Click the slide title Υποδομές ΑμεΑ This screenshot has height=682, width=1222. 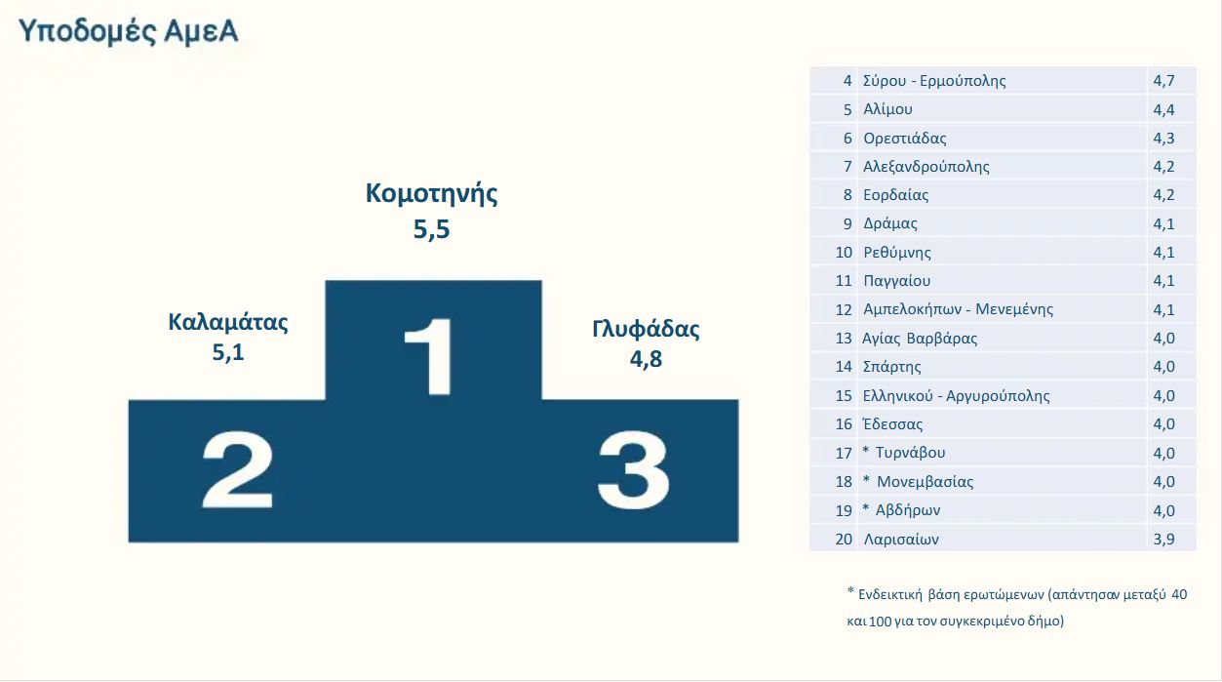(128, 31)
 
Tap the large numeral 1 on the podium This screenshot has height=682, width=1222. (430, 356)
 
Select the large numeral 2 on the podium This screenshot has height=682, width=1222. (237, 469)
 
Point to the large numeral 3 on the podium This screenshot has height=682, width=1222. (633, 469)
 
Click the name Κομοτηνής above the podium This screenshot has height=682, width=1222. (431, 194)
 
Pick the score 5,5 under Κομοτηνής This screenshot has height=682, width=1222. (431, 229)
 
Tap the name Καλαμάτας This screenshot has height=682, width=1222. (228, 322)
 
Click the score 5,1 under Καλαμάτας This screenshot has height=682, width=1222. (228, 352)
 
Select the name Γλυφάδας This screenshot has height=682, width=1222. (646, 329)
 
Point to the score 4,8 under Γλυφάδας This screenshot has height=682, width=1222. (646, 359)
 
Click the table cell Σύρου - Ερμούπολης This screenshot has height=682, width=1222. (934, 81)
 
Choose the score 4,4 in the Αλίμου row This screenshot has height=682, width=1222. (1163, 109)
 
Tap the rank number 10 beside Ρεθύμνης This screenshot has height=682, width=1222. (844, 252)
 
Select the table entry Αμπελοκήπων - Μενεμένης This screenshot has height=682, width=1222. (958, 309)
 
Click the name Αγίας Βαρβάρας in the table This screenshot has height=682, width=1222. (920, 339)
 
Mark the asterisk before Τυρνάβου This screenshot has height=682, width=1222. (866, 450)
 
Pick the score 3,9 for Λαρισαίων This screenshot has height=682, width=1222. (1163, 539)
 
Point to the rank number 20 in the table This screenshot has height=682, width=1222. (844, 539)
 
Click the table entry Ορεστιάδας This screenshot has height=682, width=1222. (904, 139)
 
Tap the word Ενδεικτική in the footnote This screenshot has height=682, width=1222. (889, 594)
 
